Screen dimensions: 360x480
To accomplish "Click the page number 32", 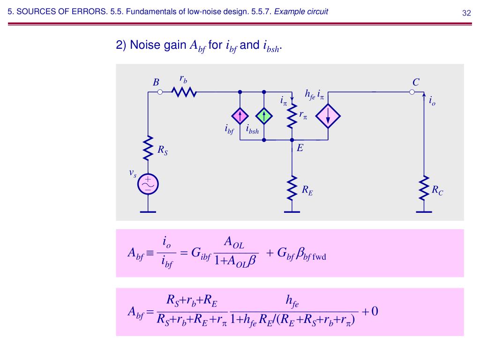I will click(x=466, y=13).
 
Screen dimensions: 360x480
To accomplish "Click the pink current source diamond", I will click(x=240, y=116).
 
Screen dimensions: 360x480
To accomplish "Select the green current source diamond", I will click(x=264, y=116).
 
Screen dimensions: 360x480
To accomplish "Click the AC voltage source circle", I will click(x=148, y=184).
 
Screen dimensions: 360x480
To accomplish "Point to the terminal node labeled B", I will click(x=160, y=92).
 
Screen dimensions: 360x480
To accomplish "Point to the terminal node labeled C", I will click(x=412, y=92).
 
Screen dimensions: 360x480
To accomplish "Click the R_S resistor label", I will click(x=162, y=150).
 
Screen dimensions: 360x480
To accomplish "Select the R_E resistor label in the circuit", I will click(x=307, y=190).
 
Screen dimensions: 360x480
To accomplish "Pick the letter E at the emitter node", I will click(x=300, y=149).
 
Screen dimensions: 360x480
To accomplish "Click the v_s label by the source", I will click(x=133, y=173).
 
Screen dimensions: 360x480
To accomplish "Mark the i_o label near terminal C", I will click(x=432, y=100).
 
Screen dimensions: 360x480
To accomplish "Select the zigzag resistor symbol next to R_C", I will click(x=424, y=187).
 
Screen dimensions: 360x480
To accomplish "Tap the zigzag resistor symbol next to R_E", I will click(x=292, y=187).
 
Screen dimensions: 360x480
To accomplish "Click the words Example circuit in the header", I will click(x=301, y=12).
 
